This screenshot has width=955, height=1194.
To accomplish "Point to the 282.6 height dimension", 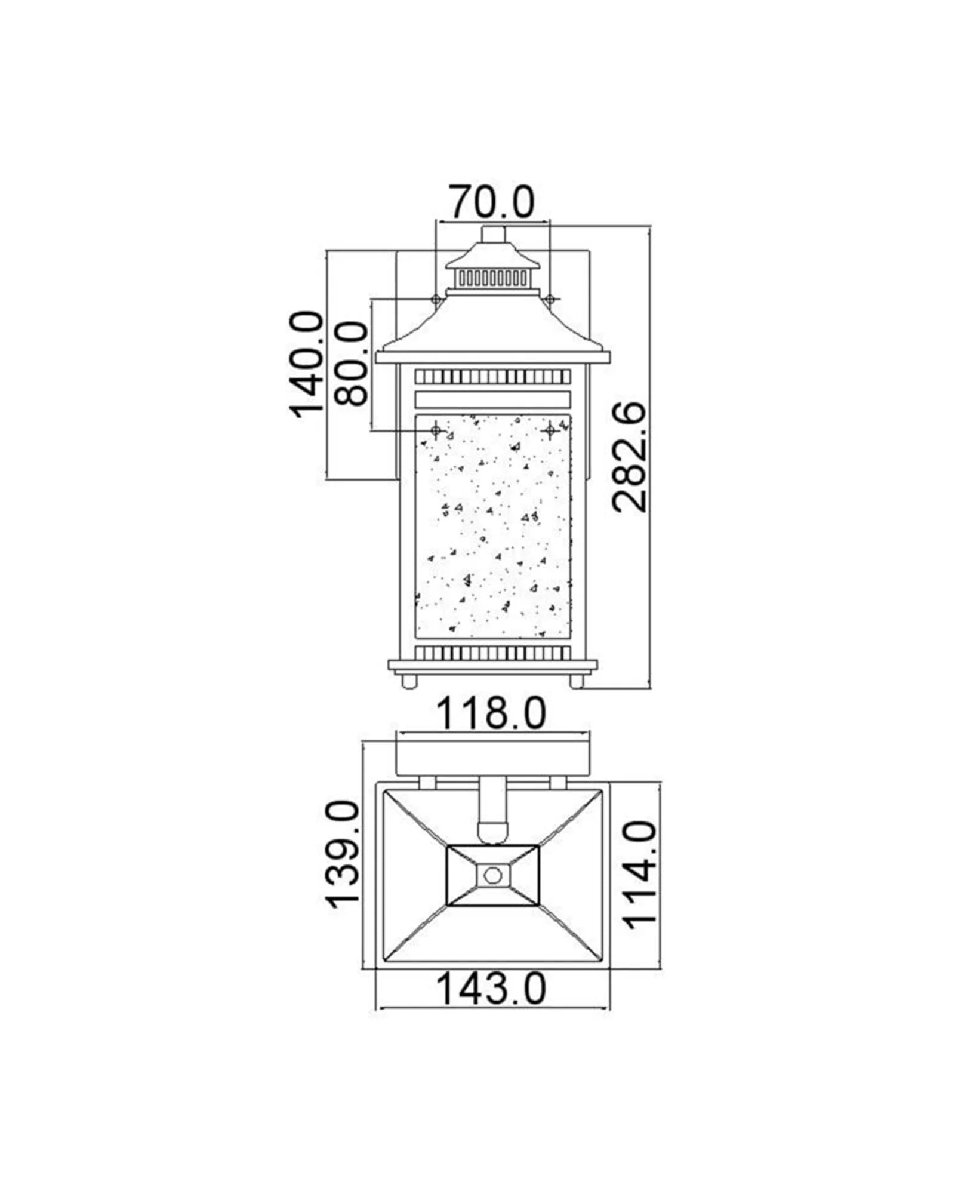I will click(630, 457).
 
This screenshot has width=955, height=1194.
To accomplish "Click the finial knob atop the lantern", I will click(493, 234).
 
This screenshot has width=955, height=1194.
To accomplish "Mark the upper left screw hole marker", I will click(436, 298).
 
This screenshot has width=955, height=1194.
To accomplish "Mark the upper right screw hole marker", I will click(549, 298).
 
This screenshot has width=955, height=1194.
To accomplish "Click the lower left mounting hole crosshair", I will click(436, 429).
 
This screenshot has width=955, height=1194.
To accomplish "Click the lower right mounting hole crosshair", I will click(549, 429).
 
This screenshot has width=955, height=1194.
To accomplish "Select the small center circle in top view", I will click(492, 875).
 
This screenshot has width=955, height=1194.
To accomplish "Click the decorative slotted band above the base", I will click(493, 652).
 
